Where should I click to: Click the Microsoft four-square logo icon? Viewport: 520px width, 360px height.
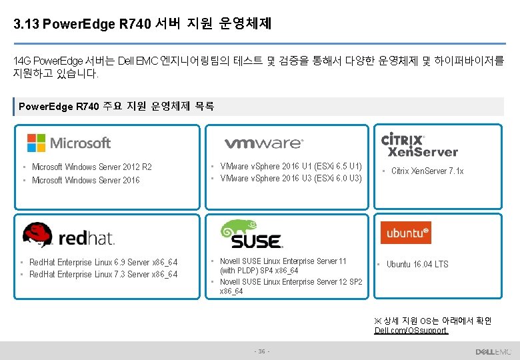click(36, 143)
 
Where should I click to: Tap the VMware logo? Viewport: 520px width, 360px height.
click(263, 143)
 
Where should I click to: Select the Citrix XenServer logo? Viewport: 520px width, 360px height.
click(419, 144)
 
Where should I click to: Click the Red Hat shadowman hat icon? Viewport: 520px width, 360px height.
click(37, 233)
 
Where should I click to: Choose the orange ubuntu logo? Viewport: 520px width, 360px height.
click(405, 233)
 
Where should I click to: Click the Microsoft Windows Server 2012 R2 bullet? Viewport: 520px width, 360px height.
click(92, 167)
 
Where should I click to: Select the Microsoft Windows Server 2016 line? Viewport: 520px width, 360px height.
click(86, 181)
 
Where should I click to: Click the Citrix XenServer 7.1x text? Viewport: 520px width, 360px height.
click(427, 171)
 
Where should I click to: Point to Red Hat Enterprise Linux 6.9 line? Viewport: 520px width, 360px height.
click(103, 263)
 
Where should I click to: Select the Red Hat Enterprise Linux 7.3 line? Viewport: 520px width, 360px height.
click(103, 275)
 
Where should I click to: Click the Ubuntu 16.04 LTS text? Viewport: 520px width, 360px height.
click(417, 265)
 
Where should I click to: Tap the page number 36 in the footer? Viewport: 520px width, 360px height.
click(261, 351)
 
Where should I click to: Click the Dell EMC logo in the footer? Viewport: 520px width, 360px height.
click(493, 351)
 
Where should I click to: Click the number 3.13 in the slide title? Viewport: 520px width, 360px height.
click(26, 25)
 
